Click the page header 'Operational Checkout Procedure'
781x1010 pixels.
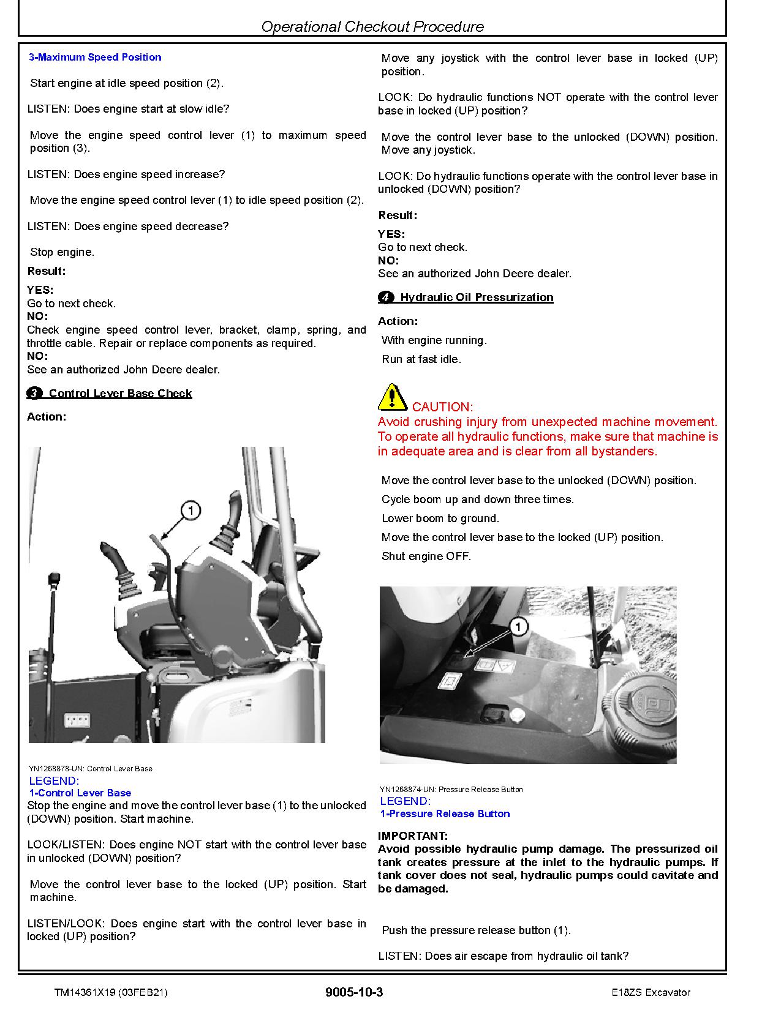pyautogui.click(x=372, y=26)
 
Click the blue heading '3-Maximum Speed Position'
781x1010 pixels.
pyautogui.click(x=95, y=57)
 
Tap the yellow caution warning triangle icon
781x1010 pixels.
pyautogui.click(x=392, y=397)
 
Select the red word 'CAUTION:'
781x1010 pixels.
pyautogui.click(x=442, y=406)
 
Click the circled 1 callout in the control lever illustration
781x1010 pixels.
pyautogui.click(x=191, y=511)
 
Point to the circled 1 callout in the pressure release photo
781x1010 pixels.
pyautogui.click(x=519, y=626)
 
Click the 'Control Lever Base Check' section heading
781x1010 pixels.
pyautogui.click(x=120, y=393)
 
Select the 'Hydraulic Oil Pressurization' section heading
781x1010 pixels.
pyautogui.click(x=477, y=297)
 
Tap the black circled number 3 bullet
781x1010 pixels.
pyautogui.click(x=35, y=393)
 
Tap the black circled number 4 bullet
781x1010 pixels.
pyautogui.click(x=386, y=297)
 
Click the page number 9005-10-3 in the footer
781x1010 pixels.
pyautogui.click(x=354, y=992)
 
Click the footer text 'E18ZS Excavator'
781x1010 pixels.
pyautogui.click(x=646, y=992)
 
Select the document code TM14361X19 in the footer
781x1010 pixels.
pyautogui.click(x=85, y=992)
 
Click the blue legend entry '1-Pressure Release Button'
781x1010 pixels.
pyautogui.click(x=445, y=814)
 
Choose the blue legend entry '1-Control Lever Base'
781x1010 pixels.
pyautogui.click(x=80, y=793)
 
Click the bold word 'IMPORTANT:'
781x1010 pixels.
pyautogui.click(x=413, y=836)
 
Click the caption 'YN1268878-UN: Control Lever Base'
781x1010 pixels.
pyautogui.click(x=91, y=768)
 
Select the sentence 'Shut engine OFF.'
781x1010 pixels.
pyautogui.click(x=426, y=556)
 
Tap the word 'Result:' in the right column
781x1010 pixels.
pyautogui.click(x=398, y=215)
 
